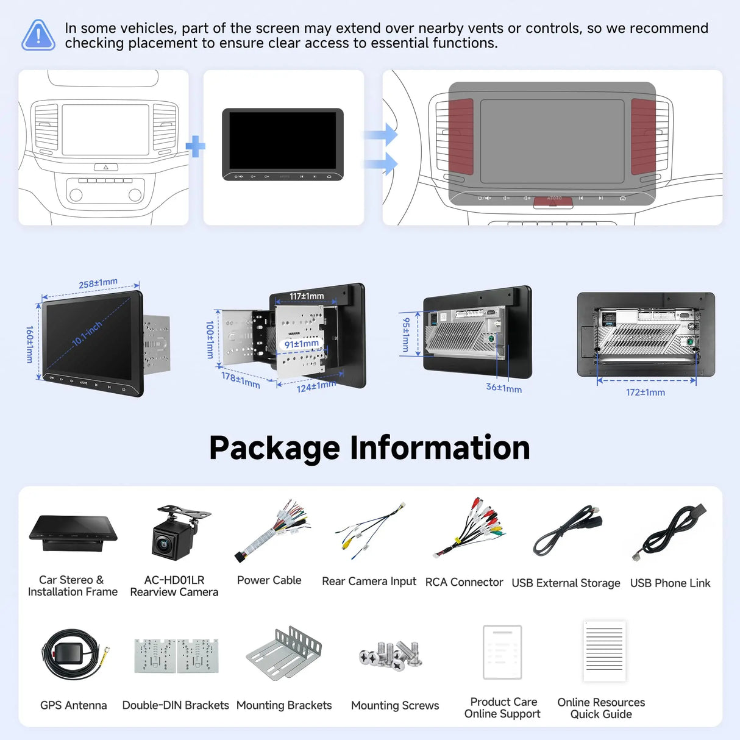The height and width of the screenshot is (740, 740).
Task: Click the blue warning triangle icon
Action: coord(38,35)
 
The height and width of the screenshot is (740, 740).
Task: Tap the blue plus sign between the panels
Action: coord(196,146)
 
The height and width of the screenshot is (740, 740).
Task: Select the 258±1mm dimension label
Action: coord(98,283)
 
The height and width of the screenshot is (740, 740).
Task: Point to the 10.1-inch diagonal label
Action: coord(88,333)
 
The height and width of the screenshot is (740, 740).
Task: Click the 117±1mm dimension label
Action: coord(307,296)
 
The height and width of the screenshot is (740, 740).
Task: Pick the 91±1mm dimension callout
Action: coord(302,343)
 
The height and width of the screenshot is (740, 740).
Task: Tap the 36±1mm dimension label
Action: coord(504,388)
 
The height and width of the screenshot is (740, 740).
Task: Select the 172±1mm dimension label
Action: coord(646,392)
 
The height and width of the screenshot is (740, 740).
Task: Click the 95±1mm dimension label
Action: coord(406,335)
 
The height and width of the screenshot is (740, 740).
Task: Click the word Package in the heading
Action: coord(274,448)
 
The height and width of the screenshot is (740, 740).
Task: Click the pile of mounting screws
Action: coord(391,655)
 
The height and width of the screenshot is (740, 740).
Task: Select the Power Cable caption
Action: coord(269,580)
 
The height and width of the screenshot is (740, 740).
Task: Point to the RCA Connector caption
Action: coord(464,582)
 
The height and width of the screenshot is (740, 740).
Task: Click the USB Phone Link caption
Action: coord(670,583)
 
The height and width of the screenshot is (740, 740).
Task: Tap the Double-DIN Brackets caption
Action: coord(176,705)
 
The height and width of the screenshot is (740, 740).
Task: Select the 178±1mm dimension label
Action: coord(241,380)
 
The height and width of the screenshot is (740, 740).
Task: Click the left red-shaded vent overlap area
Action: coord(461,137)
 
